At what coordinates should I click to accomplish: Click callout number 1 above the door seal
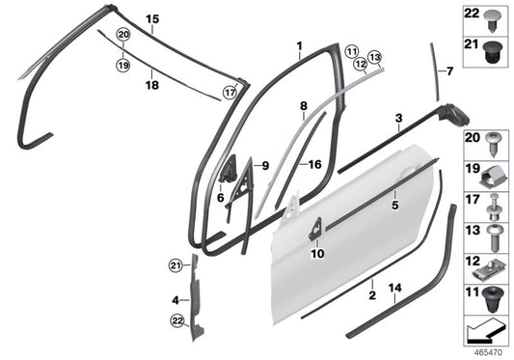click(x=299, y=45)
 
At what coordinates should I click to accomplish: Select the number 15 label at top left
click(x=151, y=19)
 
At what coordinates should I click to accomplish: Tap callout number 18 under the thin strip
click(x=151, y=86)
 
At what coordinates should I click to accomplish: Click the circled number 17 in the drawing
click(x=229, y=93)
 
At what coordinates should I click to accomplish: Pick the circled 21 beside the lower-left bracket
click(x=175, y=265)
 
